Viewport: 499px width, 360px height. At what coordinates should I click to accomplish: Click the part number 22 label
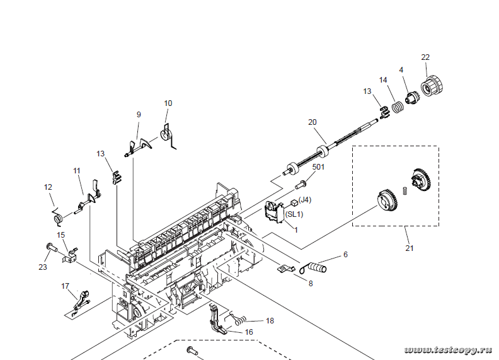point(425,57)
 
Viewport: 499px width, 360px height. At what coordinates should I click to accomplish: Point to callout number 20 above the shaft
point(312,122)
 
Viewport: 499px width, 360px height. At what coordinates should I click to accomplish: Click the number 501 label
point(319,167)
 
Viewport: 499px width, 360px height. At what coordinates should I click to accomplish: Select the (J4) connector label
point(305,200)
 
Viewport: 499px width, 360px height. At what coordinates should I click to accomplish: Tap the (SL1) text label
point(294,214)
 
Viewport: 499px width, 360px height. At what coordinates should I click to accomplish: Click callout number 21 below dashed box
point(410,248)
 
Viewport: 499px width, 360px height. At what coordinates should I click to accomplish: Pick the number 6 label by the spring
point(345,255)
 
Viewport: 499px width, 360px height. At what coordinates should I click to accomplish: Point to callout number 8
point(310,284)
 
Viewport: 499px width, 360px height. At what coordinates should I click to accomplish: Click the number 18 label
point(270,321)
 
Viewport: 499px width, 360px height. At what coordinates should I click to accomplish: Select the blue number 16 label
point(249,332)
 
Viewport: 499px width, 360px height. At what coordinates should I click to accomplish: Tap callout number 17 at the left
point(65,286)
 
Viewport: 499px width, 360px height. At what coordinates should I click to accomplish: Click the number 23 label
point(43,267)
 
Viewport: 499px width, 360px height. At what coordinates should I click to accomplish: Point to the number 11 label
point(77,171)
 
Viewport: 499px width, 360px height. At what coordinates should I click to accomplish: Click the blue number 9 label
point(139,114)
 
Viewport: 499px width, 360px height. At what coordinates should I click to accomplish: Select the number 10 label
point(168,103)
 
